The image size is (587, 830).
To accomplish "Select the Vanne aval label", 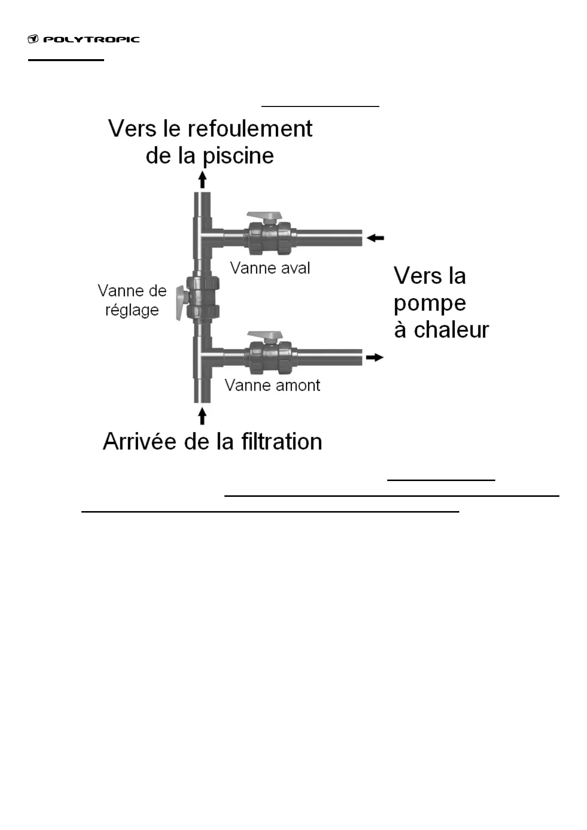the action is pos(270,269).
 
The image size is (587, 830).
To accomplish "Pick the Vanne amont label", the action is pos(272,385).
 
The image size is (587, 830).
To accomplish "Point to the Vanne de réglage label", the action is pos(132,300).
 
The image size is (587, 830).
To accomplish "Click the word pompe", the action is pos(430,303).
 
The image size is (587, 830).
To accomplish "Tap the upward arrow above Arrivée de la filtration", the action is pos(202,415).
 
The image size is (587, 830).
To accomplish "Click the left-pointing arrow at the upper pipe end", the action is pos(376,238).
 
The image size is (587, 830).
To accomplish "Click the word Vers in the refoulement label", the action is pos(129,129).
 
